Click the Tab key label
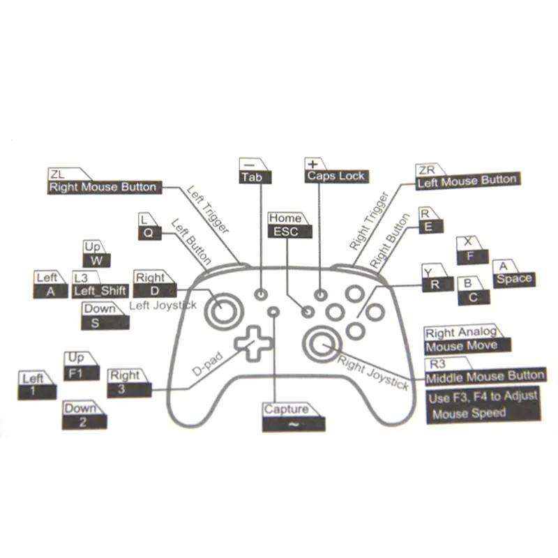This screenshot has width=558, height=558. click(x=252, y=177)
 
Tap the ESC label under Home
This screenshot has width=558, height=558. click(x=285, y=232)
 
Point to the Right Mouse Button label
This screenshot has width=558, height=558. click(x=102, y=187)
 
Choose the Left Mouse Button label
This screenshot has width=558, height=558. click(x=466, y=181)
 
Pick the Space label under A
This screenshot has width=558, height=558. click(x=514, y=279)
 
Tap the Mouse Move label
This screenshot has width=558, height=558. click(x=461, y=346)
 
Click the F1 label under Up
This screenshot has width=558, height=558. click(x=75, y=373)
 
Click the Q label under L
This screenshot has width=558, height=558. click(x=148, y=233)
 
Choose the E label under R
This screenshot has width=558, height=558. click(x=428, y=226)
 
